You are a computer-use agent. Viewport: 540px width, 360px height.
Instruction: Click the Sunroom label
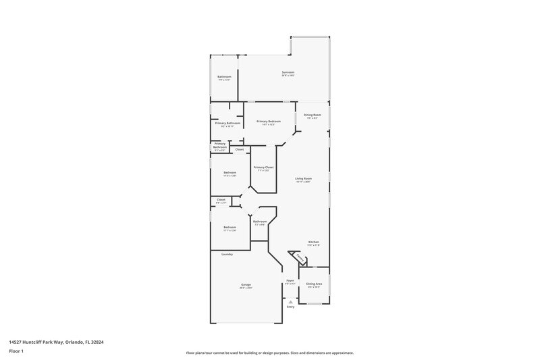click(x=288, y=72)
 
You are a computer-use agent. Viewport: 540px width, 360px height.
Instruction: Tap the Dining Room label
click(x=312, y=115)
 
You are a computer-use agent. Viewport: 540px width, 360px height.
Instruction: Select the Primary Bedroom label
click(x=268, y=121)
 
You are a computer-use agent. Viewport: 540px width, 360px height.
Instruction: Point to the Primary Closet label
click(x=263, y=167)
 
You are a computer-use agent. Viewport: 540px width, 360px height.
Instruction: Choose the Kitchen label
click(x=313, y=242)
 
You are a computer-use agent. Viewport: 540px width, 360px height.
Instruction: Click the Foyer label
click(x=290, y=280)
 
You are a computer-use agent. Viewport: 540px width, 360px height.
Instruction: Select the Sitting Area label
click(x=313, y=284)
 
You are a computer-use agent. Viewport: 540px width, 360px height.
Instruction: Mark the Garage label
click(x=246, y=285)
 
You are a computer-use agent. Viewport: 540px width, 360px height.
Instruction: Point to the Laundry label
click(x=227, y=254)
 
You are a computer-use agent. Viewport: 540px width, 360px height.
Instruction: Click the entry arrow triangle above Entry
click(x=290, y=301)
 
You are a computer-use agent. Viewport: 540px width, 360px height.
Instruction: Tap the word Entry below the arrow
click(x=290, y=307)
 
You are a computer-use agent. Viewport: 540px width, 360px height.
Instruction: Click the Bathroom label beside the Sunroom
click(x=224, y=77)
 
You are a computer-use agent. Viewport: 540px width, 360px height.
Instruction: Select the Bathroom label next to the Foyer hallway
click(x=260, y=222)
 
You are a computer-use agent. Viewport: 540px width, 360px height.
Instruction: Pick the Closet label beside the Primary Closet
click(x=240, y=149)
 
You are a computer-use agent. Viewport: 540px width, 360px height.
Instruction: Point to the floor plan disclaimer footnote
click(x=269, y=353)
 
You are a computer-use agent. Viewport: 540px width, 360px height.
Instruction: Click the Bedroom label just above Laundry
click(x=230, y=227)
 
